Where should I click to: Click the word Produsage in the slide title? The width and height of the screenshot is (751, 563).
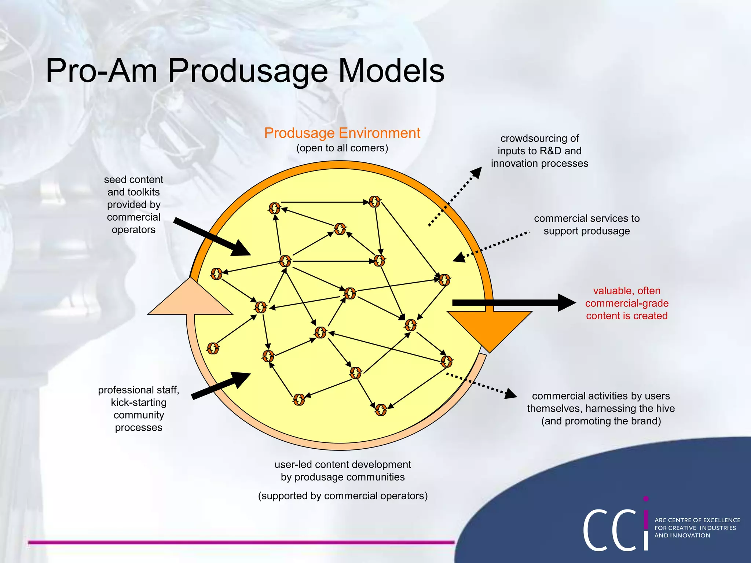coord(248,71)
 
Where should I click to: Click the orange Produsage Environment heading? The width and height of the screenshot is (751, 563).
coord(342,133)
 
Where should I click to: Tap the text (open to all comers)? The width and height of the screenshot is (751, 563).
coord(342,148)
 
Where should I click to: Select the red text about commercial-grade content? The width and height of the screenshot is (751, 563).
coord(626,303)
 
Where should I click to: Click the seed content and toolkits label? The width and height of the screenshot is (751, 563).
coord(133,205)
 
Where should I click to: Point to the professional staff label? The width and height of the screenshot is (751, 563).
coord(139,408)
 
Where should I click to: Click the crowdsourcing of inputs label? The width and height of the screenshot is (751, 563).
coord(539,151)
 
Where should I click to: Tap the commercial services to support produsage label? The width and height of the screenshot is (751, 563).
coord(586,225)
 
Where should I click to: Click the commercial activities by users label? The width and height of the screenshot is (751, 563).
coord(601,408)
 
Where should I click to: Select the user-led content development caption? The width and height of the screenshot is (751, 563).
coord(342,471)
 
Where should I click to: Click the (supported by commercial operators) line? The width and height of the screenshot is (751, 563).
coord(342,496)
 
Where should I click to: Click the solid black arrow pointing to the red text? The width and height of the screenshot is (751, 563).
coord(513,302)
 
